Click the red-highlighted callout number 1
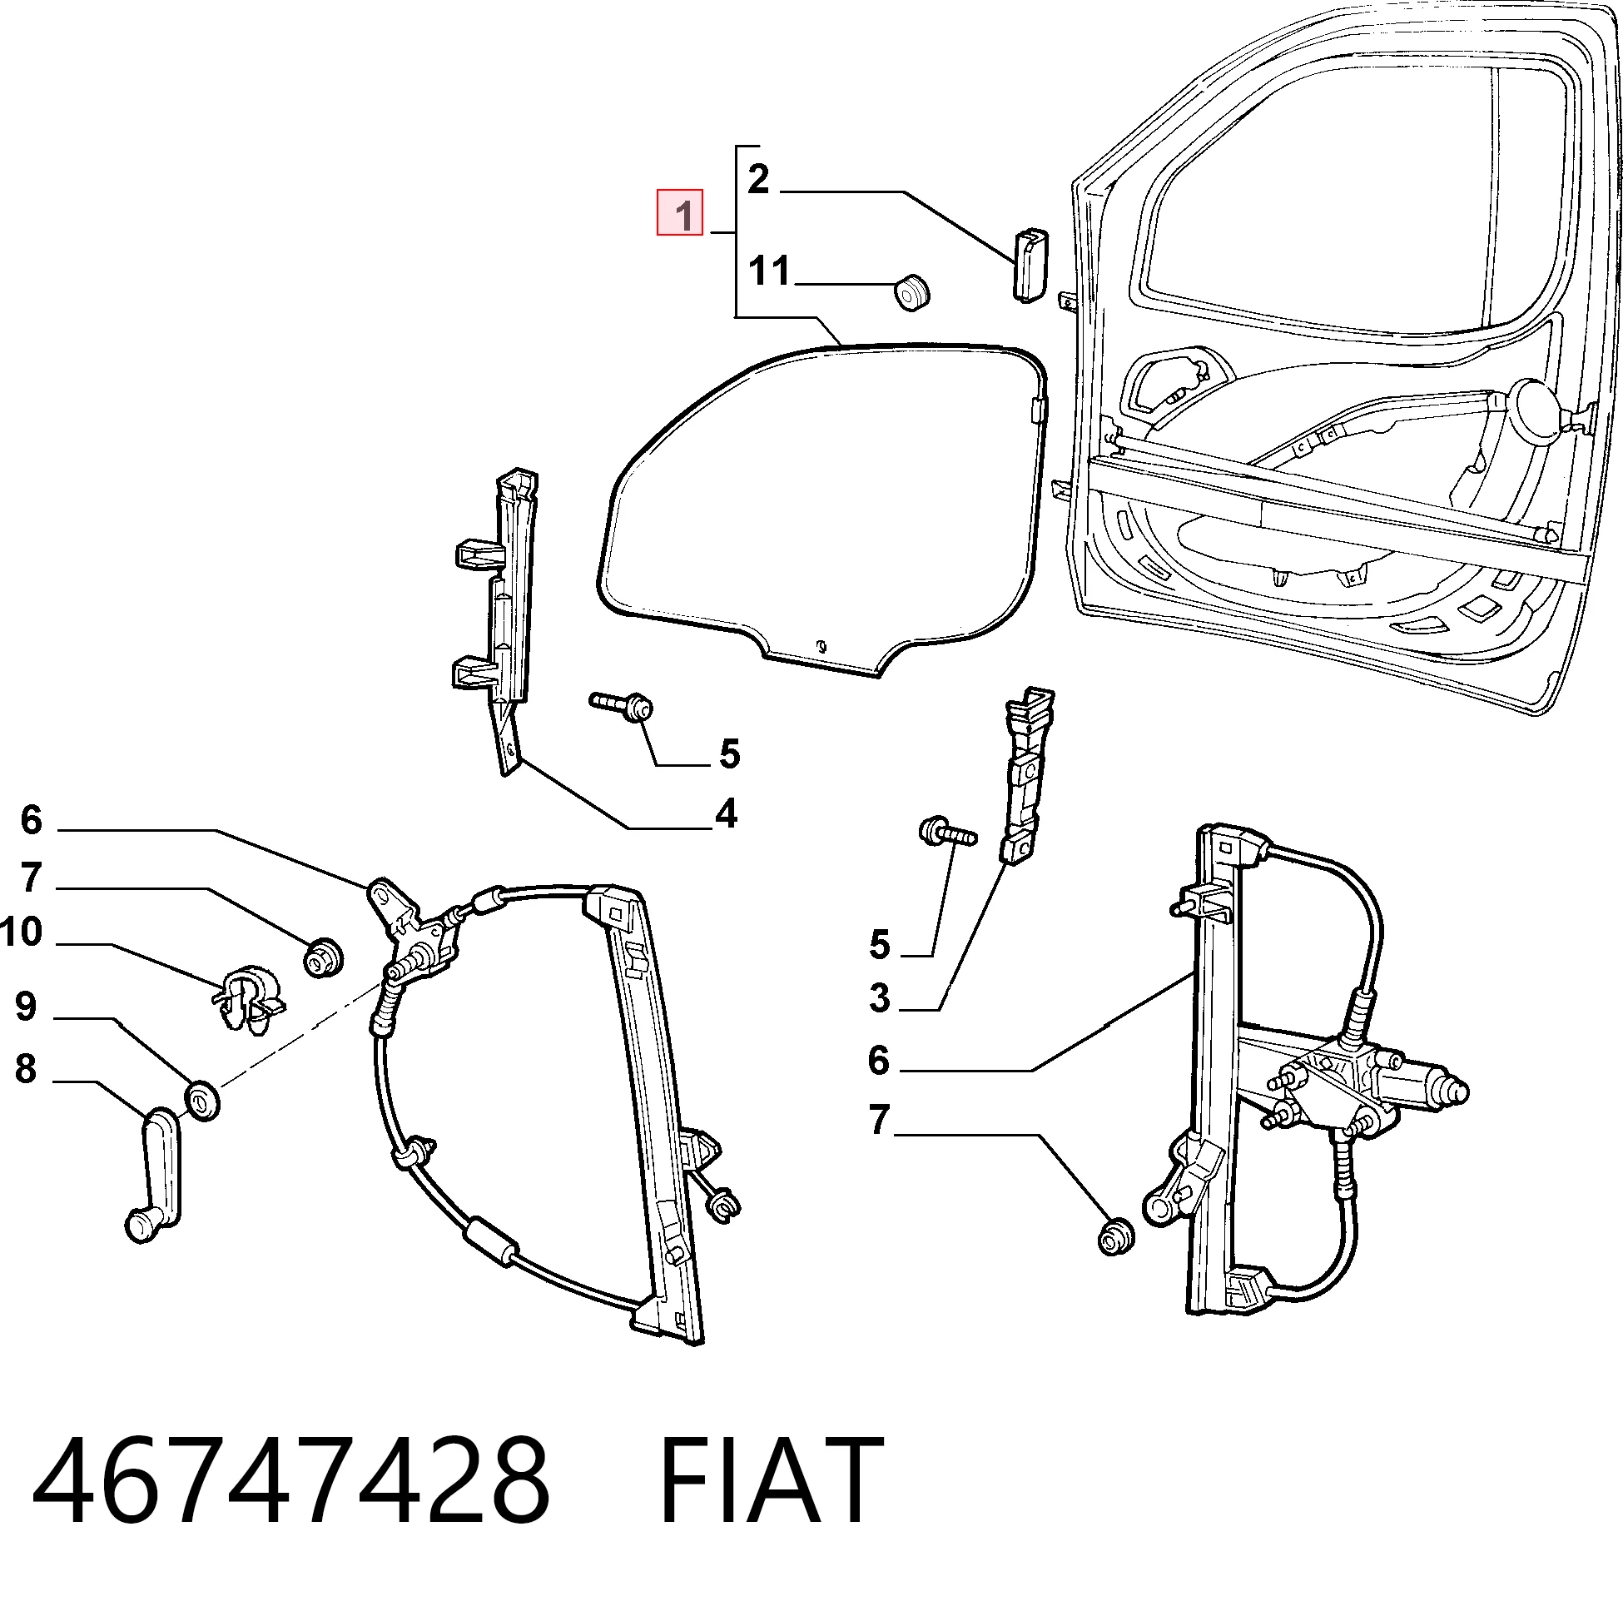coord(680,213)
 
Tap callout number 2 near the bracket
coord(757,179)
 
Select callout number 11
coord(770,271)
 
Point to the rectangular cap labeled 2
coord(1029,264)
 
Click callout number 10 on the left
coord(21,932)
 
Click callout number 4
coord(727,813)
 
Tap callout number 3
coord(880,999)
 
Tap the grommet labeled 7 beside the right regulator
coord(1116,1238)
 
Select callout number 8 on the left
coord(26,1069)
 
